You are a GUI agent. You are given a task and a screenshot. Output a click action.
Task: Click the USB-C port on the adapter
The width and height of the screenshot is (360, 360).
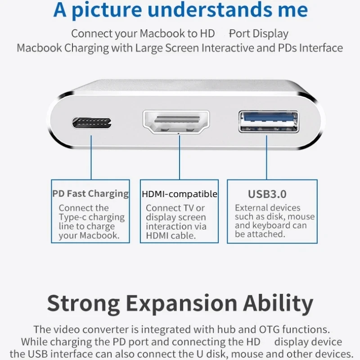[92, 122]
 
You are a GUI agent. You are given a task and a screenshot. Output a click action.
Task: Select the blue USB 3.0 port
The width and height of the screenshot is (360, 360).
[269, 121]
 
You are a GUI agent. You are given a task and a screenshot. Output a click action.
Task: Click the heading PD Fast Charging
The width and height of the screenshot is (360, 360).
[90, 194]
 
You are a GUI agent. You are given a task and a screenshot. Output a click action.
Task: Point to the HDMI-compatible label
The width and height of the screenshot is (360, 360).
[180, 194]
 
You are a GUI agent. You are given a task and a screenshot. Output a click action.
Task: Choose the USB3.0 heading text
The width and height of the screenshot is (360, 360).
[267, 194]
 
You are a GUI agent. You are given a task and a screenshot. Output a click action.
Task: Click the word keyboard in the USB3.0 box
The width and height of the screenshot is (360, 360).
[272, 225]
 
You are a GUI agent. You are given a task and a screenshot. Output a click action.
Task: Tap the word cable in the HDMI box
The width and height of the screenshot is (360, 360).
[184, 235]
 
